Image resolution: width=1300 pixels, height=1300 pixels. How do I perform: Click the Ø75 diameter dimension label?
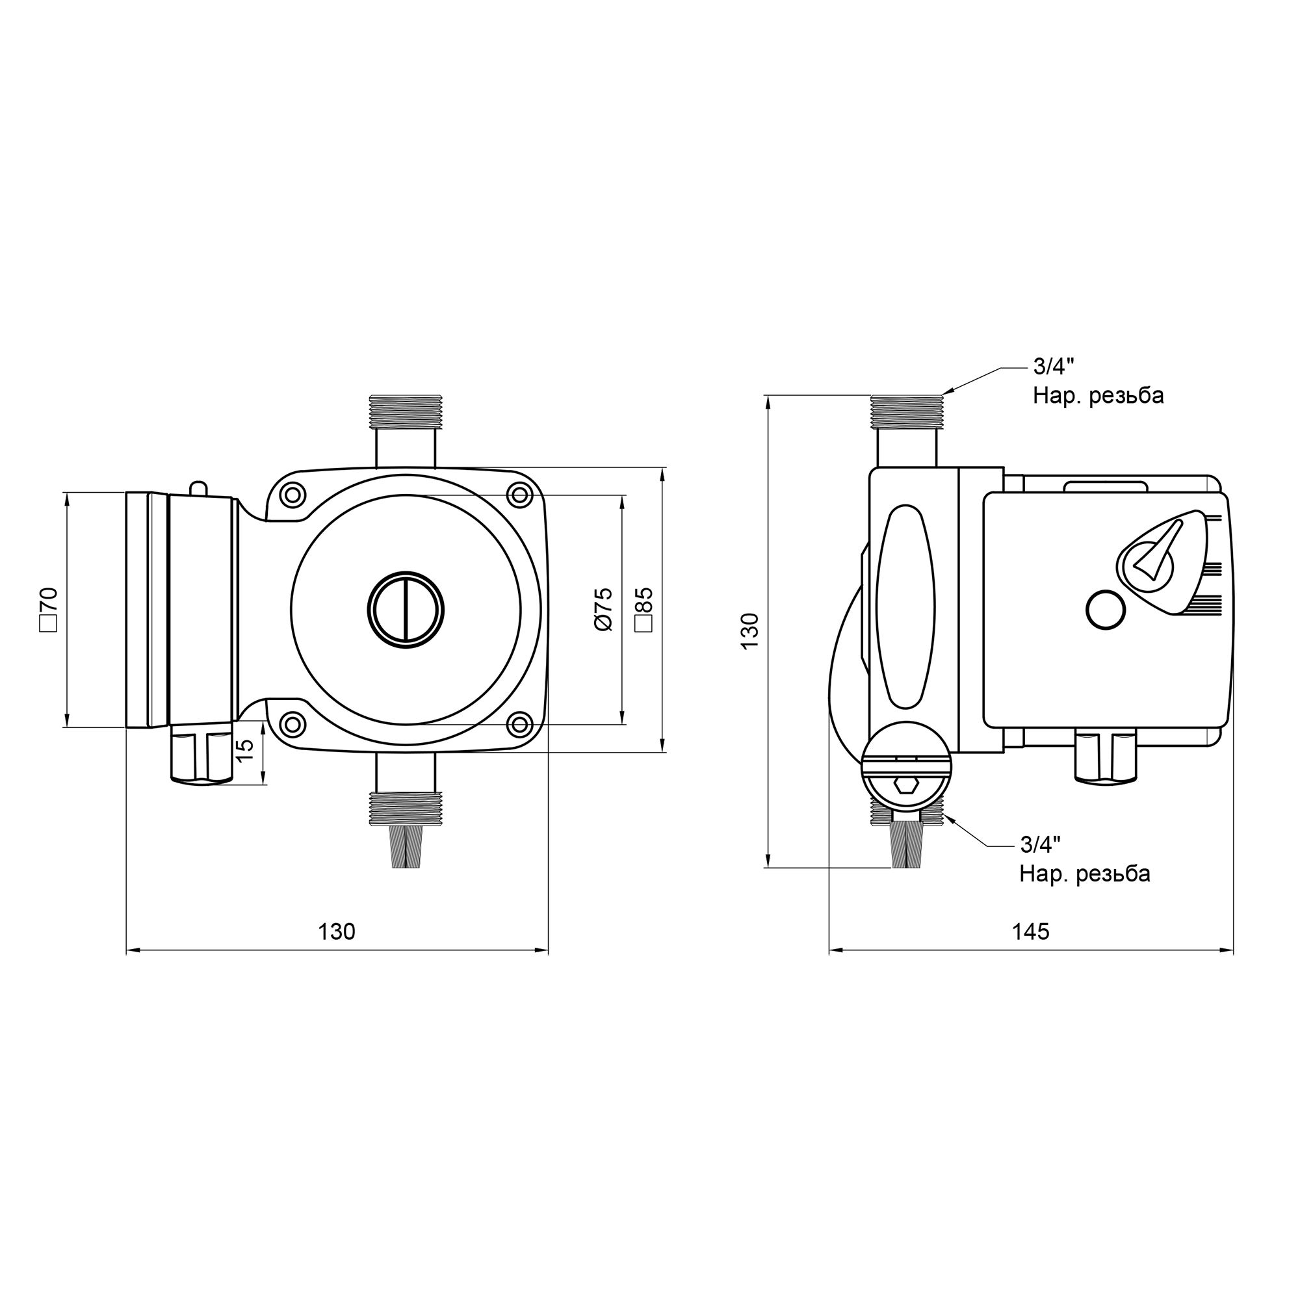pyautogui.click(x=604, y=608)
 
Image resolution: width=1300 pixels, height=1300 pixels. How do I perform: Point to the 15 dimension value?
pyautogui.click(x=247, y=749)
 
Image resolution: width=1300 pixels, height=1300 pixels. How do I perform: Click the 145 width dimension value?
pyautogui.click(x=1030, y=931)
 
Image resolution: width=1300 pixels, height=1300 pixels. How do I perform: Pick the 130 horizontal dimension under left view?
pyautogui.click(x=336, y=931)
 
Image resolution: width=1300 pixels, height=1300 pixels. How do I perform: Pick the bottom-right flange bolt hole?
pyautogui.click(x=519, y=725)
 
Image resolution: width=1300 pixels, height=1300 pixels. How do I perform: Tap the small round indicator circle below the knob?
pyautogui.click(x=1106, y=610)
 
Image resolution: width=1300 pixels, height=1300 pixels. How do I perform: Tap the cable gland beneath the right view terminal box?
pyautogui.click(x=1105, y=757)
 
